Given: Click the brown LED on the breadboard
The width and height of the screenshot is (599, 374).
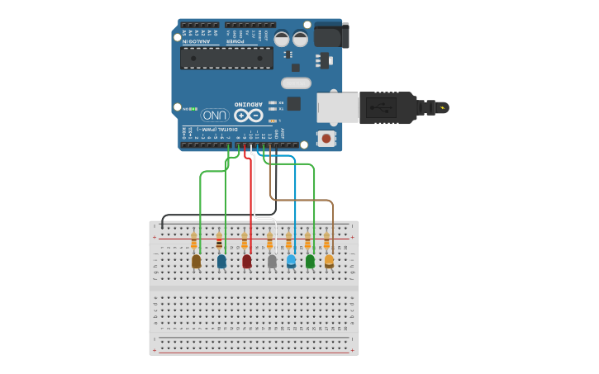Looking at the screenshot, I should coord(196,261).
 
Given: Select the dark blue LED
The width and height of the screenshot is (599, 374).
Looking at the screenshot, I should coord(221,261).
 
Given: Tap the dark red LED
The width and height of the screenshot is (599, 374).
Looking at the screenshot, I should coord(246,261).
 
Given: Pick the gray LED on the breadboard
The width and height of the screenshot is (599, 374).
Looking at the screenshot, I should coord(272,261).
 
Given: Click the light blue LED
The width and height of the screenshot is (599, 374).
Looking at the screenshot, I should coord(291,261).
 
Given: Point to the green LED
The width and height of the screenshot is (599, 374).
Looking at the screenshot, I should coord(310,261).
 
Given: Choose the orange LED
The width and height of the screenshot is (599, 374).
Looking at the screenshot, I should coord(329,261).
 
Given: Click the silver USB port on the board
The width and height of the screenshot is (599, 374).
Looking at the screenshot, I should coord(337,108).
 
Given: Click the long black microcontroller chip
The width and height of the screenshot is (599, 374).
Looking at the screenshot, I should coord(226,58).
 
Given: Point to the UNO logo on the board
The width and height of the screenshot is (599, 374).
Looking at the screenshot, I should coord(215,115).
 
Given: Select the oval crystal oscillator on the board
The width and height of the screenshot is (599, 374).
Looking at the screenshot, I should coord(295,83).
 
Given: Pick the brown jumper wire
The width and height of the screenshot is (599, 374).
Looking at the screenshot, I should coord(302,200).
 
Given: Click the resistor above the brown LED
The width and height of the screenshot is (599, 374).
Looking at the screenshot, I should coord(194,240).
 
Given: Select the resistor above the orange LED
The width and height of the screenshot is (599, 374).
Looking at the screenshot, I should coord(327,240).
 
